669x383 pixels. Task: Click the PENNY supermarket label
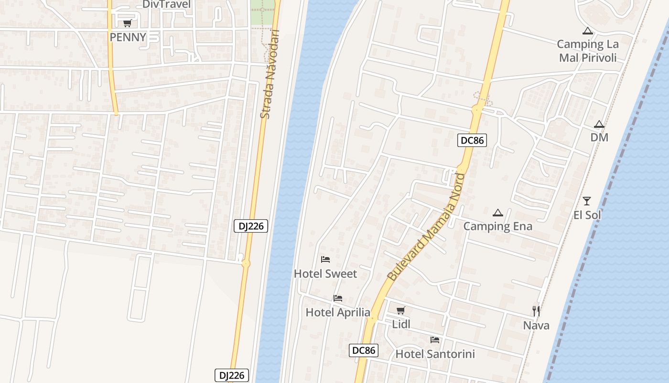coord(128,37)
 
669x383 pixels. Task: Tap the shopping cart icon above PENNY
coord(128,23)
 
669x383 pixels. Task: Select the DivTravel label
coord(166,5)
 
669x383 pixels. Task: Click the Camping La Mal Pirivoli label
coord(588,51)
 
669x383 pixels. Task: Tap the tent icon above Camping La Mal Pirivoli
coord(588,31)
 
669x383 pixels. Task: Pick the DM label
coord(599,137)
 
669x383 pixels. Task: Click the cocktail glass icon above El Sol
coord(587,201)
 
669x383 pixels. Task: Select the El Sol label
coord(587,215)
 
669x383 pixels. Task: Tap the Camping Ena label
coord(498,226)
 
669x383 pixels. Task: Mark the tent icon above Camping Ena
coord(498,213)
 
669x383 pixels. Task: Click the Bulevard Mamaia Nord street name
coord(426,227)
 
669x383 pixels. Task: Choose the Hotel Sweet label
coord(325,274)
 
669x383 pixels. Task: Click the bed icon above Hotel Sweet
coord(325,259)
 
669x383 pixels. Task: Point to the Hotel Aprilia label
coord(338,313)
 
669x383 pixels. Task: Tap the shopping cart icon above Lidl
coord(401,310)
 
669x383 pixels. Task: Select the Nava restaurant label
coord(536,326)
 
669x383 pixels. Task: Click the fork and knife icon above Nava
coord(536,311)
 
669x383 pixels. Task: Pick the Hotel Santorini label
coord(435,354)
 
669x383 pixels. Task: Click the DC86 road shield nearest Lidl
coord(364,350)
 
